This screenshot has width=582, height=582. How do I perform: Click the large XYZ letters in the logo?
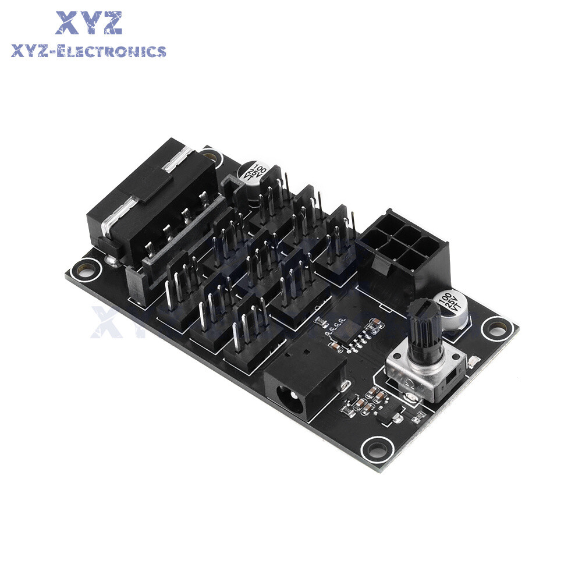(x=89, y=23)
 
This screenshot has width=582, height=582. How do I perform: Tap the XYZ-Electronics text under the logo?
(x=88, y=52)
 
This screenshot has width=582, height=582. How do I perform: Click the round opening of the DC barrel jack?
(x=289, y=401)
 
